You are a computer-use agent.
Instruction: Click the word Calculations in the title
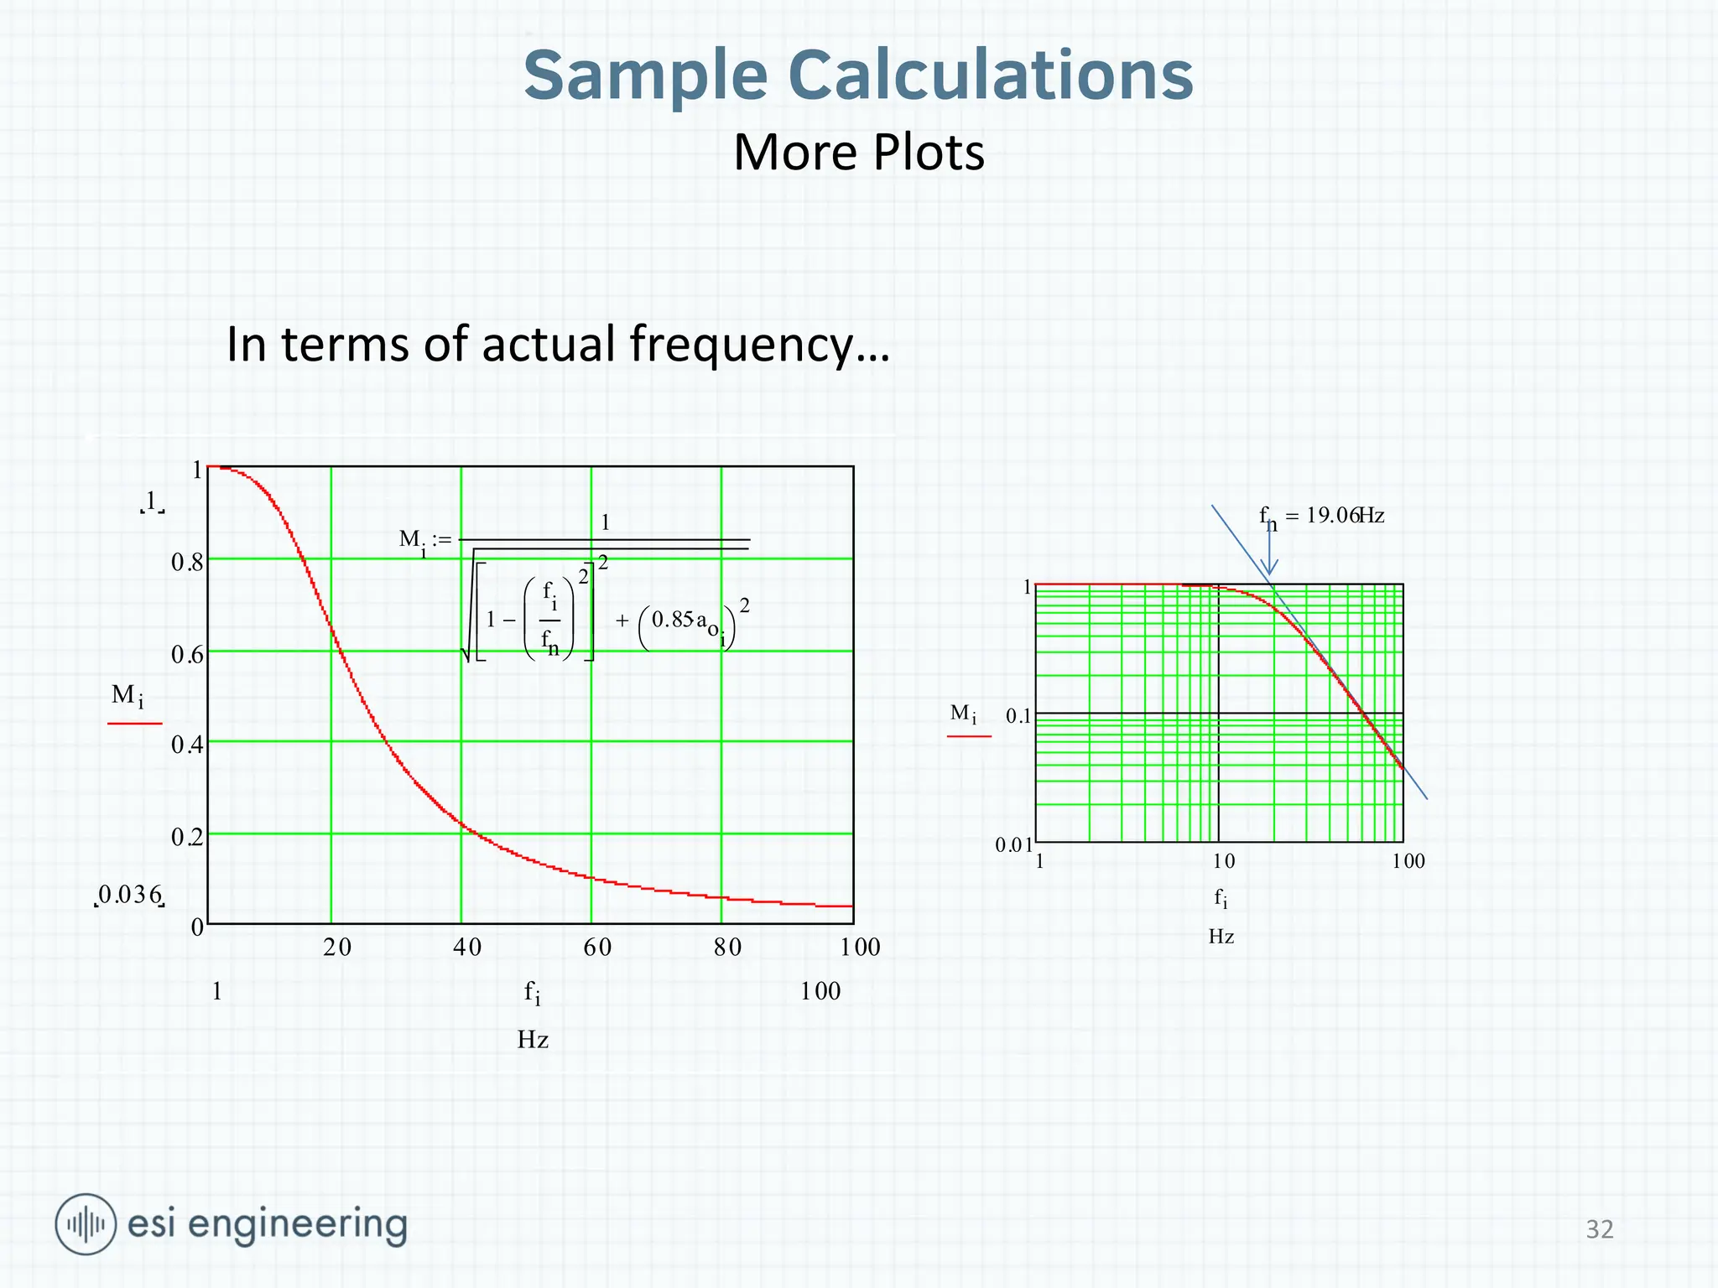click(x=990, y=75)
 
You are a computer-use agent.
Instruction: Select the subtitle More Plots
click(x=859, y=153)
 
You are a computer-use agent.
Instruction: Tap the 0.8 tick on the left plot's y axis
click(x=187, y=562)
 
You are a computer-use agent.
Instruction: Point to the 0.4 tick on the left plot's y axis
click(x=187, y=745)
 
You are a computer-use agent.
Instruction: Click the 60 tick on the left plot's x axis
click(x=597, y=948)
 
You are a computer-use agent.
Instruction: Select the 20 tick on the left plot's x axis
click(x=337, y=948)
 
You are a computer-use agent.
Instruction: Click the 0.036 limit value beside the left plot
click(x=129, y=896)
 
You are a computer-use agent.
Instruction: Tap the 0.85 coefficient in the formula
click(x=672, y=620)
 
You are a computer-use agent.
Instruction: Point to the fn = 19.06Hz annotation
click(x=1321, y=517)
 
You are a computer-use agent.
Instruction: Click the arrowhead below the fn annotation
click(x=1270, y=569)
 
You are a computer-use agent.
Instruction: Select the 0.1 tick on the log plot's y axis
click(x=1018, y=716)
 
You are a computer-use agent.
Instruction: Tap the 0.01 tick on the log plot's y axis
click(x=1013, y=845)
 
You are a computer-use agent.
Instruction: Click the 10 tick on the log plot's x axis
click(x=1223, y=861)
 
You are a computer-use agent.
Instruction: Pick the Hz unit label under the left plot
click(x=533, y=1040)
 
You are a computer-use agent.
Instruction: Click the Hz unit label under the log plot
click(x=1221, y=937)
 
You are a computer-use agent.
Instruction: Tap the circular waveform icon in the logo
click(x=86, y=1224)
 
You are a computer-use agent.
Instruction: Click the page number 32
click(x=1599, y=1229)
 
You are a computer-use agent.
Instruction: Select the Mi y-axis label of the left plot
click(x=128, y=695)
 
